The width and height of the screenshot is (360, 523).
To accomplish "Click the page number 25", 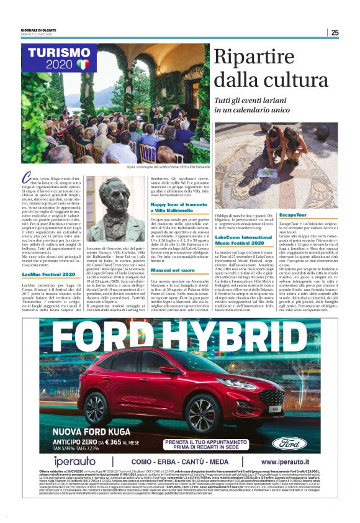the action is point(335,32).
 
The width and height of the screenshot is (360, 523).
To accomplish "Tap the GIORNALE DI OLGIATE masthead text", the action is point(39,30).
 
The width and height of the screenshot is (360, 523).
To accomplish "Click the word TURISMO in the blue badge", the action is point(55,54).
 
